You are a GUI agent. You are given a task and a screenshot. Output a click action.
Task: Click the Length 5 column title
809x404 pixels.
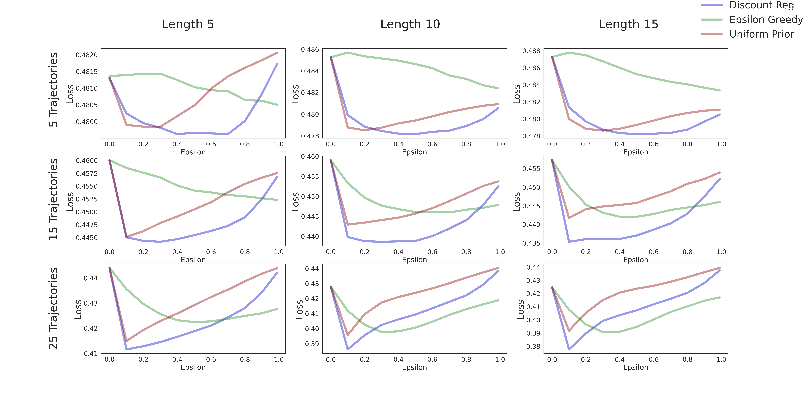tap(188, 24)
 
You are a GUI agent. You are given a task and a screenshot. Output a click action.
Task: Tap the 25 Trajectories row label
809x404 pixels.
tap(53, 308)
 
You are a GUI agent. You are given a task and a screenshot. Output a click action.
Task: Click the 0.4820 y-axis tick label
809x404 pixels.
tap(87, 55)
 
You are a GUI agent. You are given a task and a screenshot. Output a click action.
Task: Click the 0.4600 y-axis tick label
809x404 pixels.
tap(87, 161)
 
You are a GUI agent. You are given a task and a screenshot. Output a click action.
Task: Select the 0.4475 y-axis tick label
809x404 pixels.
tap(87, 225)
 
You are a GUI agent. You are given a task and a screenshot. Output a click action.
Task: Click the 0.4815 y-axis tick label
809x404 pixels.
tap(87, 72)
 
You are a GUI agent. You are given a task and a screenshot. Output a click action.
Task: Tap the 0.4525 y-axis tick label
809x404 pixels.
tap(87, 199)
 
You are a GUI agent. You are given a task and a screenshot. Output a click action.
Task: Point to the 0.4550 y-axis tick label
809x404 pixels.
tap(87, 186)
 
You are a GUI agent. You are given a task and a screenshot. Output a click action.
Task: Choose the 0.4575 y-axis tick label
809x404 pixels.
tap(87, 173)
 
